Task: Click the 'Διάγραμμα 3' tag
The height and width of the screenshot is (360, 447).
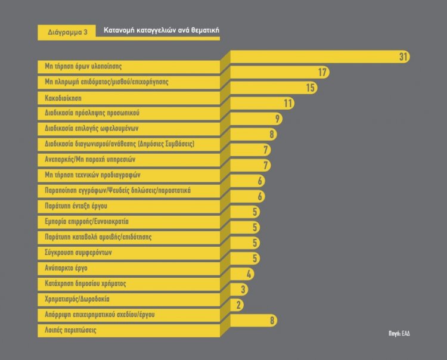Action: (67, 32)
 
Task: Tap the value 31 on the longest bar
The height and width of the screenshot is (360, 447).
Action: (403, 57)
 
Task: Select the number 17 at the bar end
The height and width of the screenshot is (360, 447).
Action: (322, 72)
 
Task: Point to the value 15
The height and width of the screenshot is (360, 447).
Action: (310, 88)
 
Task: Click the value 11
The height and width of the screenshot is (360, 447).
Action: (288, 103)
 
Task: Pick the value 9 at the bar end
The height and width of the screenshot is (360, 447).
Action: (277, 119)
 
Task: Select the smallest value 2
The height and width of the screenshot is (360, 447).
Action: (239, 305)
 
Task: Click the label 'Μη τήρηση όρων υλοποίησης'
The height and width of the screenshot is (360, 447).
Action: (83, 66)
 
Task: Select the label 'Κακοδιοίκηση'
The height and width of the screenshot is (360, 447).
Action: (63, 97)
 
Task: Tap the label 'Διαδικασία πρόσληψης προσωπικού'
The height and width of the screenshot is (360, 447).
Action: (92, 113)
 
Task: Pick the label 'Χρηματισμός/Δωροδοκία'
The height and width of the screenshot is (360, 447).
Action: (77, 299)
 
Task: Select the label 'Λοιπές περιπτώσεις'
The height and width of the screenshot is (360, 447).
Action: (70, 330)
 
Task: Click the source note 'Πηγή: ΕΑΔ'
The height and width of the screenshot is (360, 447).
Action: (399, 333)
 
